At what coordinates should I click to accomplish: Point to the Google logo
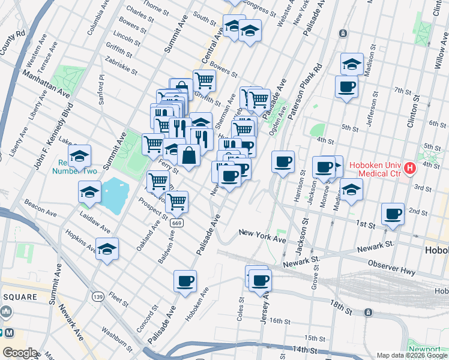click(20, 353)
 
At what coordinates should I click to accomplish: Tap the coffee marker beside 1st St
click(393, 214)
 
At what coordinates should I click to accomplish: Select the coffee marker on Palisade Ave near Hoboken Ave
click(185, 280)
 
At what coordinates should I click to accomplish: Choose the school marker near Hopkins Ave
click(107, 249)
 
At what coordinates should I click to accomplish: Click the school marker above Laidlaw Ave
click(89, 192)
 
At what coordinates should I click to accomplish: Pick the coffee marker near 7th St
click(346, 86)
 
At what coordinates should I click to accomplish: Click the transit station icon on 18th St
click(368, 313)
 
